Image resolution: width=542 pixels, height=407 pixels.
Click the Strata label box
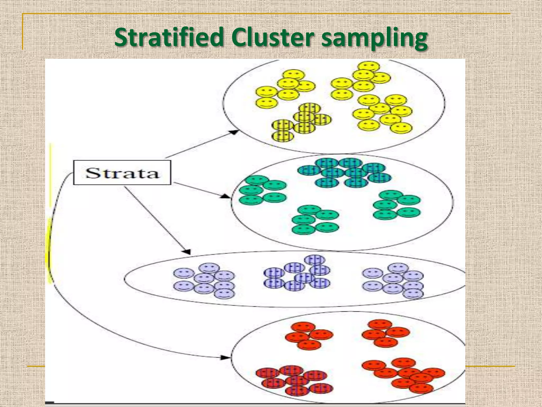point(122,172)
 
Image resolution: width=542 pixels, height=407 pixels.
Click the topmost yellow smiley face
point(368,66)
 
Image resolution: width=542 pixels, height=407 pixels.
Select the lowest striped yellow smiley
point(283,136)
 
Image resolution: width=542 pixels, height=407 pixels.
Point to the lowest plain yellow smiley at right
point(401,128)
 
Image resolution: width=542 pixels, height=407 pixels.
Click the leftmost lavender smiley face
point(184,273)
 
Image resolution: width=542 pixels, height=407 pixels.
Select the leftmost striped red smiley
point(267,373)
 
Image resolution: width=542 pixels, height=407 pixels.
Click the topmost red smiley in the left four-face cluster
point(303,327)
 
